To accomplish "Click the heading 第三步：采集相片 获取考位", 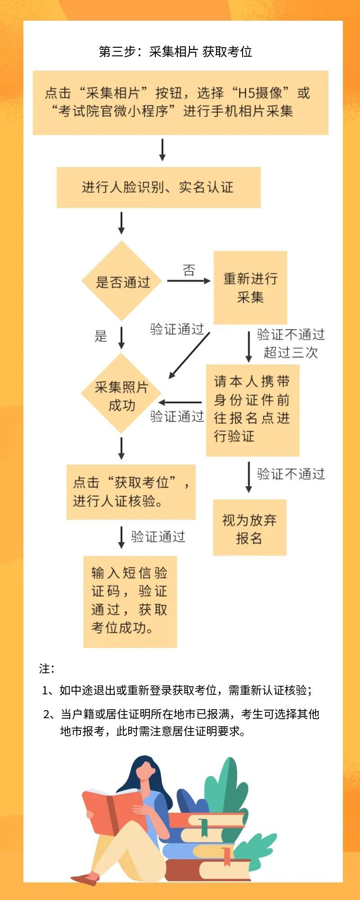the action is pyautogui.click(x=175, y=52).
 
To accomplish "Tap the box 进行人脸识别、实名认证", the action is pyautogui.click(x=158, y=187).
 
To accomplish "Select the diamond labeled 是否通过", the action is pyautogui.click(x=121, y=281).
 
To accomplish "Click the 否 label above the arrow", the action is pyautogui.click(x=189, y=270).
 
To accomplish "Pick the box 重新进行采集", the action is pyautogui.click(x=250, y=288).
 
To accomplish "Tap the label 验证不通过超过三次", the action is pyautogui.click(x=291, y=343).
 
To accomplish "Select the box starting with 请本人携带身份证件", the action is pyautogui.click(x=252, y=410).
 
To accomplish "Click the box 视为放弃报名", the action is pyautogui.click(x=249, y=527).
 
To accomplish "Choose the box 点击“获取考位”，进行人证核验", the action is pyautogui.click(x=131, y=492).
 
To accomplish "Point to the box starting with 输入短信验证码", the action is pyautogui.click(x=130, y=602).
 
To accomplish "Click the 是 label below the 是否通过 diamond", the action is pyautogui.click(x=101, y=336).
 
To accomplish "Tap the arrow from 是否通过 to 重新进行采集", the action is pyautogui.click(x=189, y=281).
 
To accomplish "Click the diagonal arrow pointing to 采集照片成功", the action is pyautogui.click(x=189, y=355).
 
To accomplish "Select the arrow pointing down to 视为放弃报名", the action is pyautogui.click(x=249, y=477).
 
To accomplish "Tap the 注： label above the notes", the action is pyautogui.click(x=47, y=669).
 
